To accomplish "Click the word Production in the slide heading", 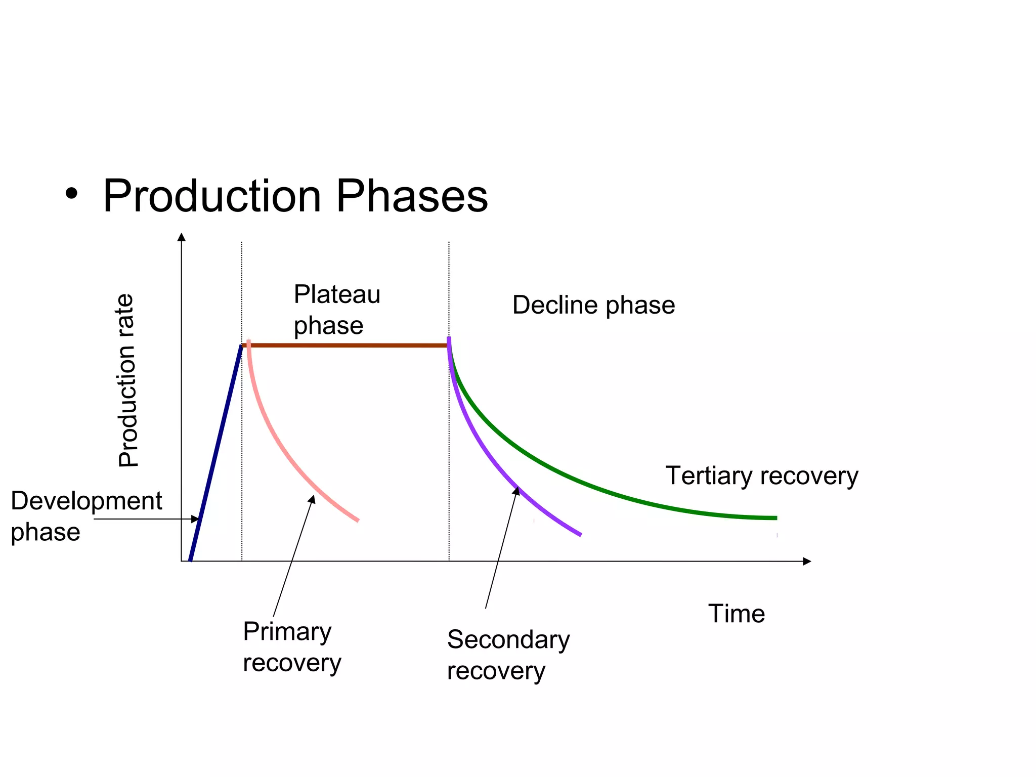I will pyautogui.click(x=212, y=196).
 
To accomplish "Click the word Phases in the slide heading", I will pyautogui.click(x=412, y=196).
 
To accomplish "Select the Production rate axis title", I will pyautogui.click(x=127, y=380).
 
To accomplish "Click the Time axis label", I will pyautogui.click(x=736, y=614).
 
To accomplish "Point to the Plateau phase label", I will pyautogui.click(x=336, y=310).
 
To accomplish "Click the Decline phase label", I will pyautogui.click(x=593, y=305).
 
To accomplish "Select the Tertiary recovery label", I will pyautogui.click(x=761, y=476).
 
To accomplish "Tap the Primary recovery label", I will pyautogui.click(x=291, y=647).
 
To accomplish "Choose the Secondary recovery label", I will pyautogui.click(x=508, y=655).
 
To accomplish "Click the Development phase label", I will pyautogui.click(x=86, y=516).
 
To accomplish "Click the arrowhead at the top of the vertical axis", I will pyautogui.click(x=182, y=237).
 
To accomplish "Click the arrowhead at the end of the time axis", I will pyautogui.click(x=807, y=561).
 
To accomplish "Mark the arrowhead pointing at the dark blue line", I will pyautogui.click(x=195, y=519).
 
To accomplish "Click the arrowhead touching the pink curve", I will pyautogui.click(x=313, y=499).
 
